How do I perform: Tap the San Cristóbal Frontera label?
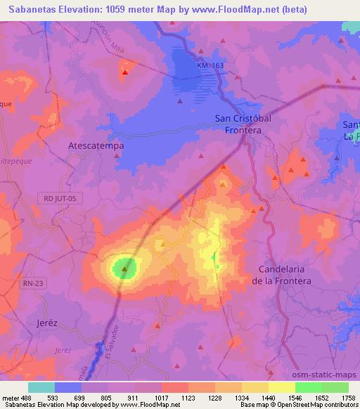(x=243, y=124)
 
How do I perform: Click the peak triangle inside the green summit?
(x=125, y=268)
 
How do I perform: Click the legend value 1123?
(x=188, y=397)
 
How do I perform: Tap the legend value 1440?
(x=268, y=397)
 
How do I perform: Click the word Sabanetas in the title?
(x=27, y=8)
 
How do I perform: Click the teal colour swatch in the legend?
(x=41, y=387)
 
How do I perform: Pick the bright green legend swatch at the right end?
(x=335, y=387)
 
